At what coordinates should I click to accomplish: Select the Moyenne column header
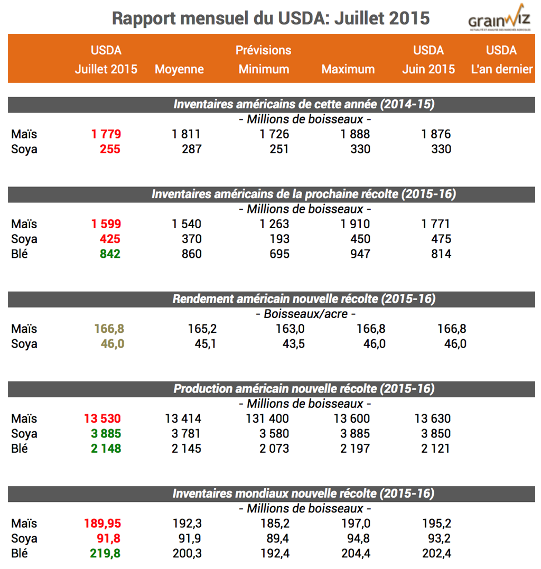(x=179, y=69)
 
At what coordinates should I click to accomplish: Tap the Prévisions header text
(x=264, y=50)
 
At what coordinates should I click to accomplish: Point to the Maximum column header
(x=348, y=69)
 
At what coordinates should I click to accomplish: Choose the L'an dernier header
(x=501, y=69)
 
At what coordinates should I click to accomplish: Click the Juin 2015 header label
(x=428, y=69)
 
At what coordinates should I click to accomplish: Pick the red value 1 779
(x=106, y=134)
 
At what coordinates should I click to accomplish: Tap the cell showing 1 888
(x=356, y=134)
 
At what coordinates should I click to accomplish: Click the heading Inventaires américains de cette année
(x=304, y=104)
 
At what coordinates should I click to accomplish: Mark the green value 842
(x=110, y=254)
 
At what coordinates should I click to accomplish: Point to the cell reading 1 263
(x=275, y=224)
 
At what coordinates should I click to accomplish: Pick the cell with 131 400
(x=267, y=419)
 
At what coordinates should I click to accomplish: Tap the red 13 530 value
(x=102, y=419)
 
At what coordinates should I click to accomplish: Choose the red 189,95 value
(x=102, y=524)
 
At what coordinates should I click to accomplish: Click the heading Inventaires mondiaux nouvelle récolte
(x=304, y=493)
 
